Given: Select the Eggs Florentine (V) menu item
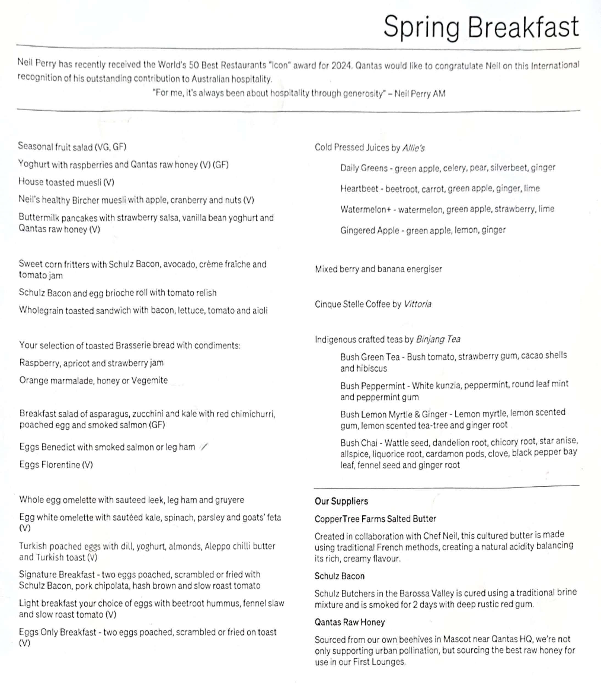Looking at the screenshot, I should pos(56,465).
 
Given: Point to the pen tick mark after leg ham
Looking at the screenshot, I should pos(204,447).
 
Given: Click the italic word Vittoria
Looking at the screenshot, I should pos(418,304).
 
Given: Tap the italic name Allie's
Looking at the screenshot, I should pos(413,148).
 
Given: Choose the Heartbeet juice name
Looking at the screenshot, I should pos(359,189).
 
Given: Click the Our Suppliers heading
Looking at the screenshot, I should pos(341,501).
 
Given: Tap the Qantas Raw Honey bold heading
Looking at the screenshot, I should pos(350,622).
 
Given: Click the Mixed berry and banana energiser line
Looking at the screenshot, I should pos(378,269).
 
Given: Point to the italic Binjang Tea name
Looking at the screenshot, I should pos(438,339).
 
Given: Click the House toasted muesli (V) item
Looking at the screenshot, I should pos(66,182).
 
